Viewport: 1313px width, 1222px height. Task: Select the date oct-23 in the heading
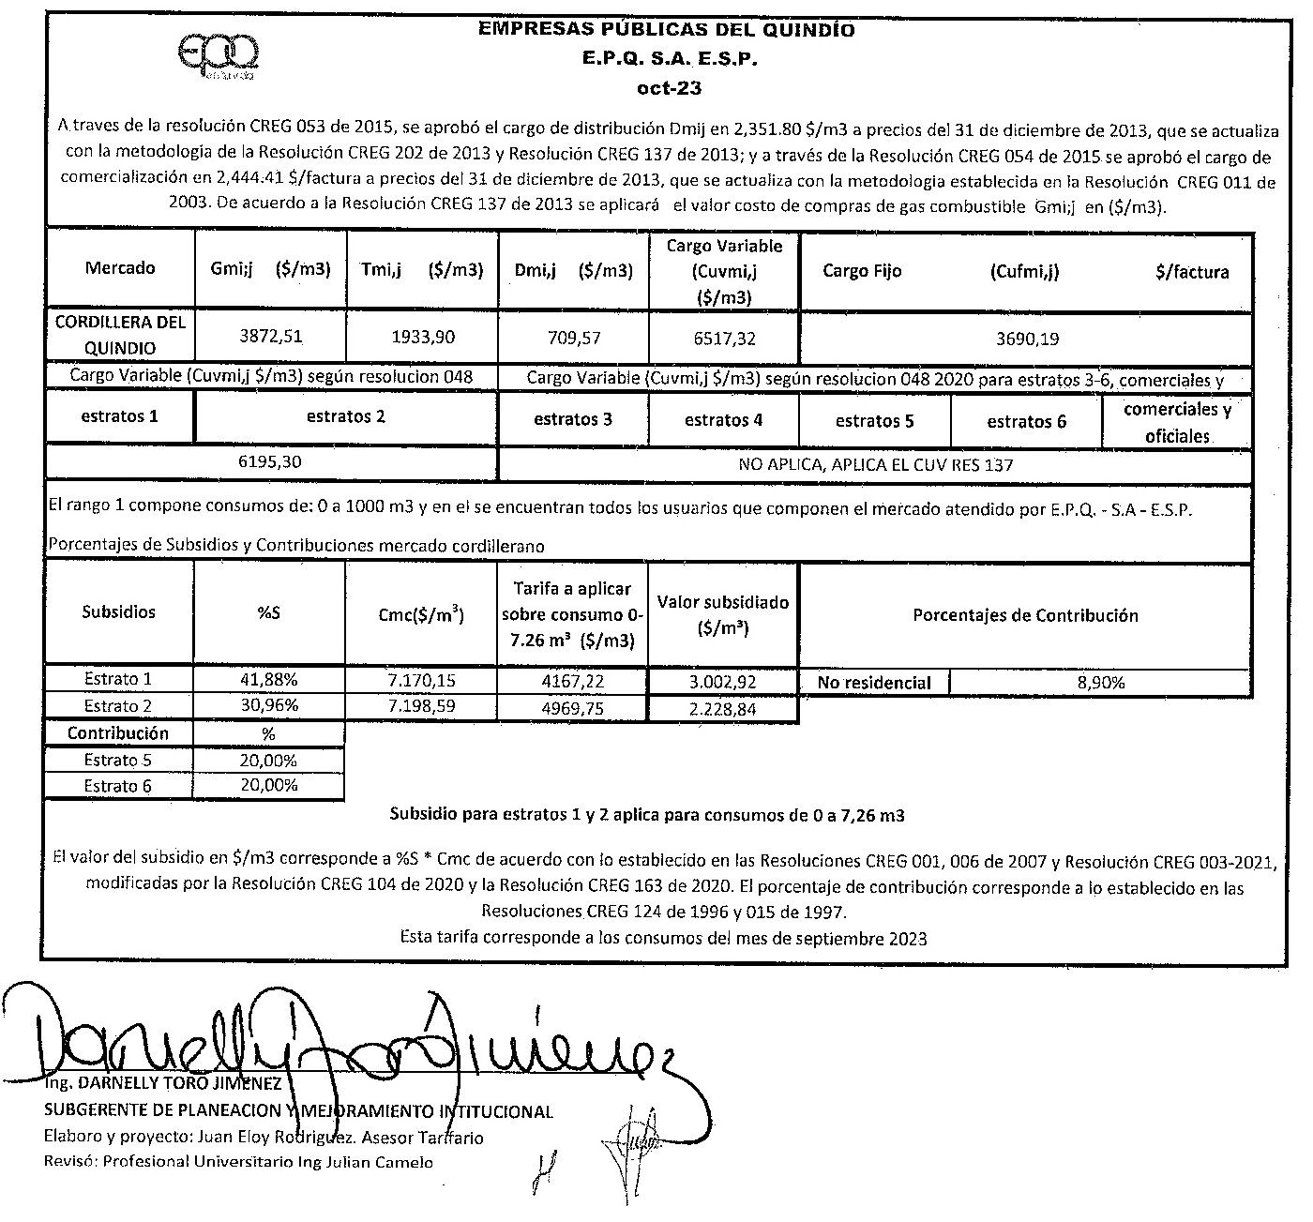coord(668,89)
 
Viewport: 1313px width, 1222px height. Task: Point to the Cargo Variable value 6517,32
coord(723,337)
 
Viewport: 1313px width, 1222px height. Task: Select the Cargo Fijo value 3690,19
coord(1027,339)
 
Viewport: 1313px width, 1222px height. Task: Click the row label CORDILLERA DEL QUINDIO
coord(120,335)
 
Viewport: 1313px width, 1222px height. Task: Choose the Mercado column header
coord(120,268)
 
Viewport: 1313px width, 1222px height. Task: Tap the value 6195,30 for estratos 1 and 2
coord(271,462)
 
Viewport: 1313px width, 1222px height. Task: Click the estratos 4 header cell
coord(723,420)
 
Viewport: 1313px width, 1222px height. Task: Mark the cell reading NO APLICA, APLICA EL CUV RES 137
coord(875,464)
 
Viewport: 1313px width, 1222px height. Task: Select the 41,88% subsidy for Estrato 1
coord(270,679)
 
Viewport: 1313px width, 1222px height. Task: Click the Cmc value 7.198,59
coord(422,705)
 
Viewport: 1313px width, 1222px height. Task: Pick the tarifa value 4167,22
coord(572,680)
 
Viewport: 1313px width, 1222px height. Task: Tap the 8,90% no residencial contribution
coord(1101,683)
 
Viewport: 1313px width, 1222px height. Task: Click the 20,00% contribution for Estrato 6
coord(269,785)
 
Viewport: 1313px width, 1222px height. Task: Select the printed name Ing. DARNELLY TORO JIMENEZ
coord(162,1084)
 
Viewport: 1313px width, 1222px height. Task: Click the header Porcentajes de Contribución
coord(1025,615)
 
